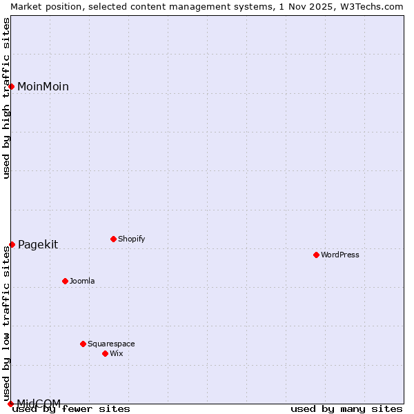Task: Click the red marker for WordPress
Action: pyautogui.click(x=316, y=255)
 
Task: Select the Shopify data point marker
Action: pyautogui.click(x=113, y=239)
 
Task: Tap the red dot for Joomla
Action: pyautogui.click(x=65, y=281)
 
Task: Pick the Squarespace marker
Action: pyautogui.click(x=83, y=344)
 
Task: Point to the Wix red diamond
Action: pyautogui.click(x=105, y=353)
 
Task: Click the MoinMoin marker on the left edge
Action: pyautogui.click(x=12, y=86)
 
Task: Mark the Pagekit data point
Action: pyautogui.click(x=12, y=244)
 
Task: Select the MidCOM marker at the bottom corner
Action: pyautogui.click(x=10, y=404)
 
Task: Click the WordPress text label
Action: pyautogui.click(x=340, y=255)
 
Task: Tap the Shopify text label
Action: pyautogui.click(x=132, y=239)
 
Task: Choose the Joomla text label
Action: pyautogui.click(x=82, y=281)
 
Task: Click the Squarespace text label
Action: pyautogui.click(x=111, y=344)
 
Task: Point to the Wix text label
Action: pyautogui.click(x=117, y=353)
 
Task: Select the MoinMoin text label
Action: pyautogui.click(x=43, y=86)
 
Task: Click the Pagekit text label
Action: pyautogui.click(x=38, y=244)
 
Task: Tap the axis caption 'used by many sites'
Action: pyautogui.click(x=346, y=409)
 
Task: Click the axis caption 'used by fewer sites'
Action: pyautogui.click(x=72, y=409)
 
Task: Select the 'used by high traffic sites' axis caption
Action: pyautogui.click(x=6, y=98)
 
